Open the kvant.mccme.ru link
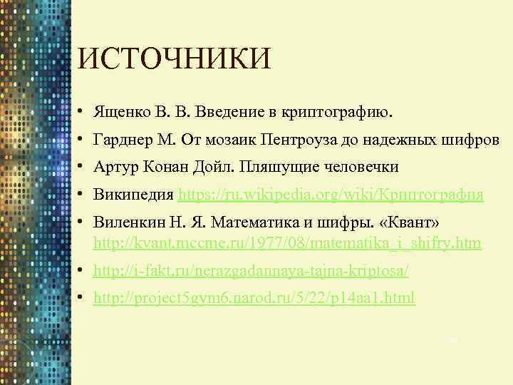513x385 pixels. tap(288, 243)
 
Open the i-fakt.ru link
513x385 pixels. tap(252, 271)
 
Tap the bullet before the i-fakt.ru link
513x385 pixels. tap(83, 271)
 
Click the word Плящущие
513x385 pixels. tap(275, 167)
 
